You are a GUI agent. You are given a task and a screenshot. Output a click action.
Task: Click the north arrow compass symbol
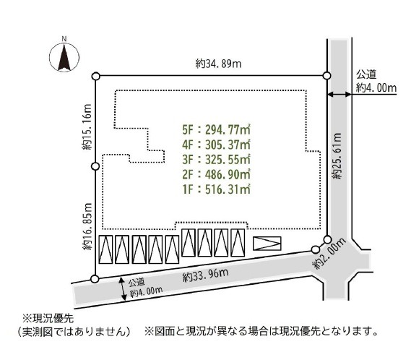[x=64, y=57]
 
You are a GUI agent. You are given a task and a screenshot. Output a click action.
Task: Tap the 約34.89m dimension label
[x=218, y=64]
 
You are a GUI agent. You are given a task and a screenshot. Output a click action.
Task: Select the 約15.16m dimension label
[x=87, y=127]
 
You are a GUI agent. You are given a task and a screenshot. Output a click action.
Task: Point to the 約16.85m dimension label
[x=87, y=226]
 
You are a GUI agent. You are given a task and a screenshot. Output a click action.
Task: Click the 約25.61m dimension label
[x=337, y=156]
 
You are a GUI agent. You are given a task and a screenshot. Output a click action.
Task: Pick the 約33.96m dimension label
[x=205, y=275]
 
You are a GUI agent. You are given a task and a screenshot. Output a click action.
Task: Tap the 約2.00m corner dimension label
[x=330, y=253]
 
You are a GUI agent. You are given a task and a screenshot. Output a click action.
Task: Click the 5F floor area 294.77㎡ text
[x=216, y=129]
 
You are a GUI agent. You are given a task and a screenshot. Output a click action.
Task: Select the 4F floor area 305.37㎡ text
[x=216, y=145]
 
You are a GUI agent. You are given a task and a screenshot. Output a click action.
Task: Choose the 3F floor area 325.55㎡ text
[x=216, y=159]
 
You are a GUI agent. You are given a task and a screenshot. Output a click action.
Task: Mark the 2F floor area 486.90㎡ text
[x=216, y=174]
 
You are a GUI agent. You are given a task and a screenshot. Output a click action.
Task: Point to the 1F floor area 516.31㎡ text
[x=216, y=189]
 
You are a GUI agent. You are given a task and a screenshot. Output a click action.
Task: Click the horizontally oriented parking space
[x=267, y=243]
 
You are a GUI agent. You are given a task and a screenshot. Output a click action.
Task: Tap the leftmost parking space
[x=105, y=249]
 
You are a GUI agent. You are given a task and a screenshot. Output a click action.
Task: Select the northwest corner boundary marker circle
[x=96, y=77]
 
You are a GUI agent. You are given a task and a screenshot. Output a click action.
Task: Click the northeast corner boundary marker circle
[x=326, y=76]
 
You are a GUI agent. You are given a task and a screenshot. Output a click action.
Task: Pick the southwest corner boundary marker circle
[x=95, y=279]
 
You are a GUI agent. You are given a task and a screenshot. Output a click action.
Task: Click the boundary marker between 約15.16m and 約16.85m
[x=95, y=166]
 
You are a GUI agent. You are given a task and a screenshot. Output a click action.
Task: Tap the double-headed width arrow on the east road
[x=339, y=95]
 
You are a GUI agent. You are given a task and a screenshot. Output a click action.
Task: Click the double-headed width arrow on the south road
[x=122, y=288]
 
